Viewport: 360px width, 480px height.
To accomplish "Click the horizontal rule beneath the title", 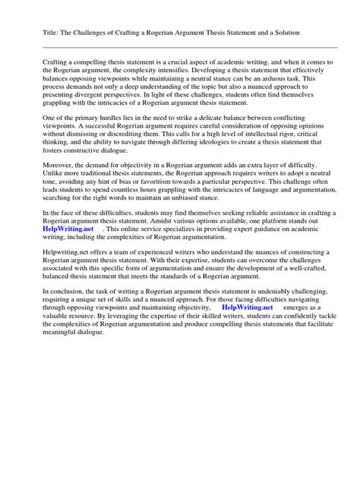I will (179, 46).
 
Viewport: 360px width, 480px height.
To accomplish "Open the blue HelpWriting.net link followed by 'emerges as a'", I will (247, 387).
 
